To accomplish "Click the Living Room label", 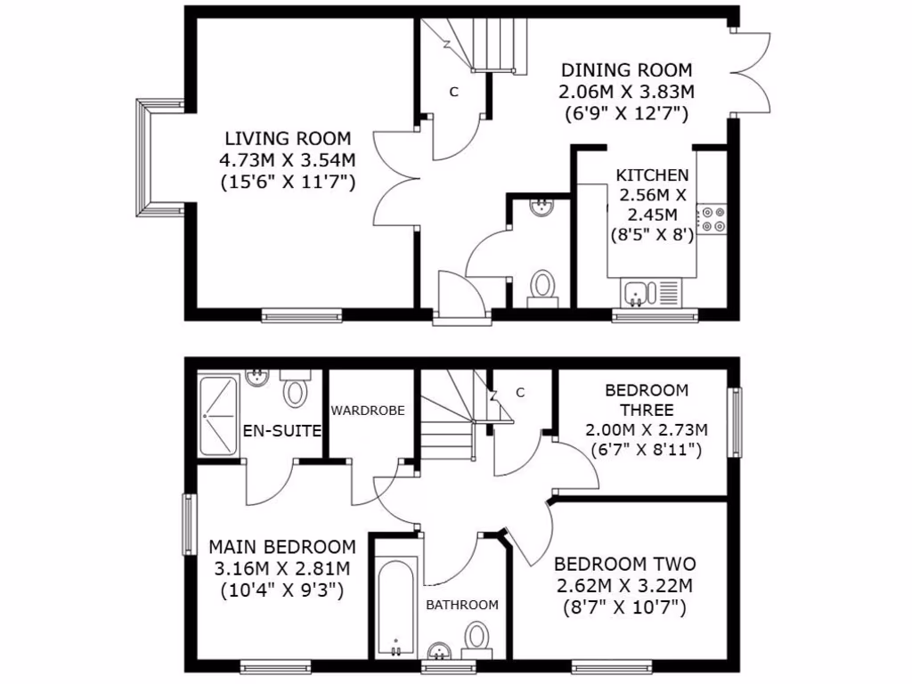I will pos(288,139).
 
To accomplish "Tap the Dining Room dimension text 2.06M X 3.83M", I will pos(626,92).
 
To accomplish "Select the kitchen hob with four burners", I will pos(712,219).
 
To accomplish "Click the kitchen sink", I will pos(640,291).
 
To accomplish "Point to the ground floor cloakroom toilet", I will pos(541,287).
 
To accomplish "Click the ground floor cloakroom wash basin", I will pos(541,208).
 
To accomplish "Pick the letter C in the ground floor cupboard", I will pos(453,91).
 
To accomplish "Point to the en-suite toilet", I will pos(295,391).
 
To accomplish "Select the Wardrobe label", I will pos(368,411).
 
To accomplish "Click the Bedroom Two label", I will pos(624,565).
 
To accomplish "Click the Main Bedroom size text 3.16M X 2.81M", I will pos(281,568).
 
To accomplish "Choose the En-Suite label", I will pos(281,432).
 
